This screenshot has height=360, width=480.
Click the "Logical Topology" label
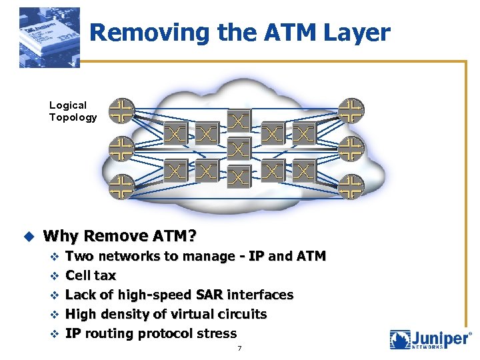(73, 111)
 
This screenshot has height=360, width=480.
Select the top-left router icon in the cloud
(121, 111)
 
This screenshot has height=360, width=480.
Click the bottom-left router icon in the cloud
(121, 187)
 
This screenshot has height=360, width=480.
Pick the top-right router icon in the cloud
(351, 111)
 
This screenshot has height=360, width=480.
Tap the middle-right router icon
(351, 149)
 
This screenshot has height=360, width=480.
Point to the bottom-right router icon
(351, 187)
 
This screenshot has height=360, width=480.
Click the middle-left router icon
(121, 149)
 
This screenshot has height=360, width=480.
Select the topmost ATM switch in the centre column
(239, 121)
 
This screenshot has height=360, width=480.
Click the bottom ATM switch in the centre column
(239, 176)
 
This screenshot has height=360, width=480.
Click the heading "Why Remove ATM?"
(120, 236)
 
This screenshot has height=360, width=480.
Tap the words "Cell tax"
(91, 275)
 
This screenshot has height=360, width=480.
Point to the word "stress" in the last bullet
(217, 333)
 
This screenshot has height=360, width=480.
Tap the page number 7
(239, 349)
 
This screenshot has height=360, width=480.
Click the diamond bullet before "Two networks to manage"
(55, 257)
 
